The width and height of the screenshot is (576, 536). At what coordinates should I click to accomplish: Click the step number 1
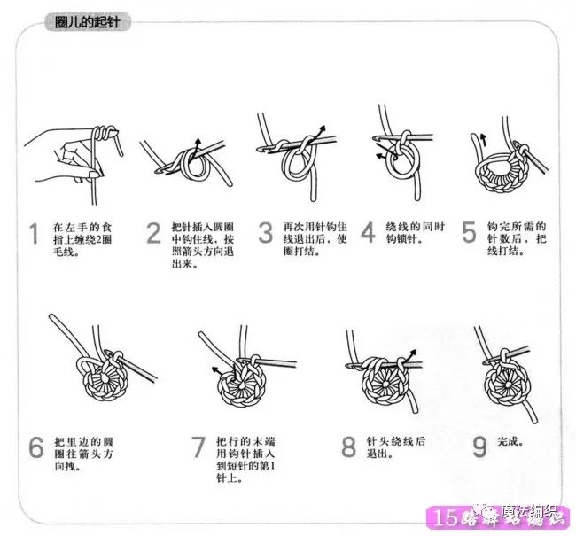pyautogui.click(x=34, y=235)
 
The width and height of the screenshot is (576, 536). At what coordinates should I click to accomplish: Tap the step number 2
pyautogui.click(x=153, y=235)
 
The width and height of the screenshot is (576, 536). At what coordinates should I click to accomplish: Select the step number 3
pyautogui.click(x=265, y=235)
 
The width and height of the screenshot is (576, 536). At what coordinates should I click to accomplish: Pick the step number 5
pyautogui.click(x=469, y=235)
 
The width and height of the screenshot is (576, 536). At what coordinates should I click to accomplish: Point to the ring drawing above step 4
pyautogui.click(x=401, y=155)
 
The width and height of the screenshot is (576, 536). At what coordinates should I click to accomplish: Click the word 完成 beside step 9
pyautogui.click(x=509, y=440)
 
